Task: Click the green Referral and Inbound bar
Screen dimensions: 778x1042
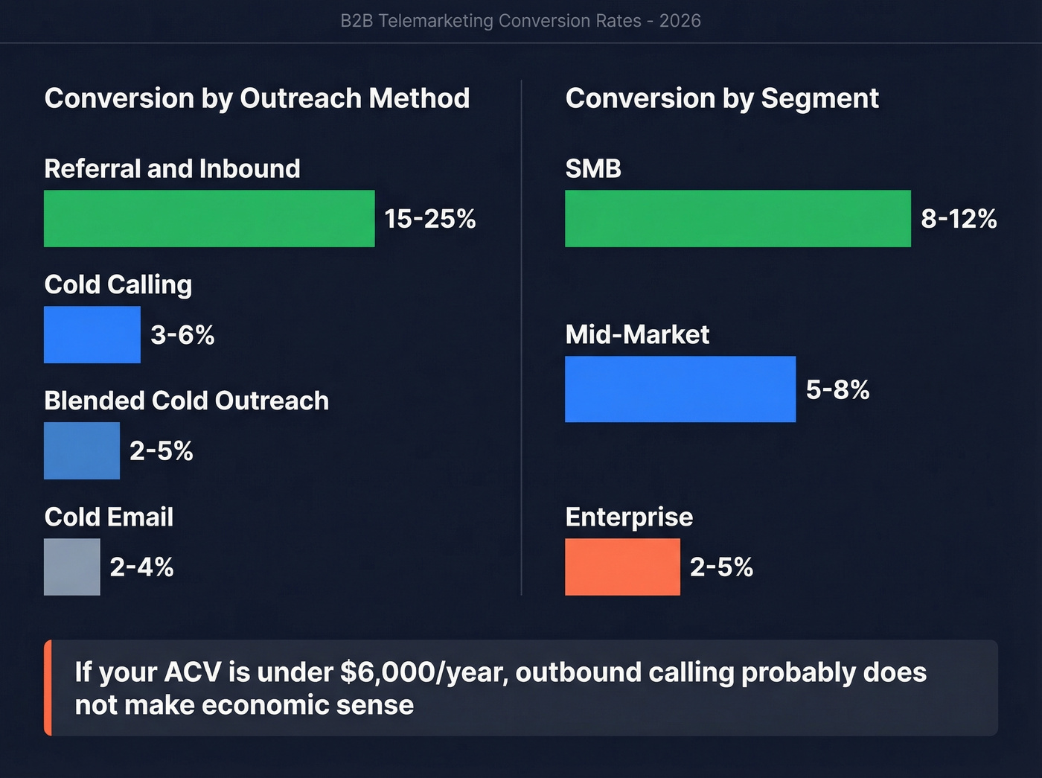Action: coord(209,218)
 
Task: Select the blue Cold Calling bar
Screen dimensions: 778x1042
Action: coord(92,334)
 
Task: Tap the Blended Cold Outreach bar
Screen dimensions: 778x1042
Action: coord(82,450)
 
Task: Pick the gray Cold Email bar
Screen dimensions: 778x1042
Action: coord(72,567)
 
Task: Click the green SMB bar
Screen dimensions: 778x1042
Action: coord(738,218)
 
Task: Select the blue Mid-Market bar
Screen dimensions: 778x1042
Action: coord(680,389)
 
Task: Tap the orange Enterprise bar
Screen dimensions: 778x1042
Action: coord(622,567)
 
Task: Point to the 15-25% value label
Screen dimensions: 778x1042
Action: coord(429,219)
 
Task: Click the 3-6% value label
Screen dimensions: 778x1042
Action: coord(182,335)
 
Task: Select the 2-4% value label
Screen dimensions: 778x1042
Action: coord(141,567)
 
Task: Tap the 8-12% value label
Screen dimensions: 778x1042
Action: coord(959,219)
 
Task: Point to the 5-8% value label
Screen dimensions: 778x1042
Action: coord(837,389)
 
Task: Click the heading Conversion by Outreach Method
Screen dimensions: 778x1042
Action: coord(257,98)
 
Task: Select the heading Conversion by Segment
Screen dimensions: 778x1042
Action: coord(722,98)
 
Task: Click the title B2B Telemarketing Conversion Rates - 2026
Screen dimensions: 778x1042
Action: coord(520,21)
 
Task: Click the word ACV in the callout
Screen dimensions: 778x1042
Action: coord(192,672)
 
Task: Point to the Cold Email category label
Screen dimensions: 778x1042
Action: coord(109,517)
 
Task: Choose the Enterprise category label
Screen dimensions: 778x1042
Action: coord(629,517)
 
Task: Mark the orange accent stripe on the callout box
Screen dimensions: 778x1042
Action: coord(48,688)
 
